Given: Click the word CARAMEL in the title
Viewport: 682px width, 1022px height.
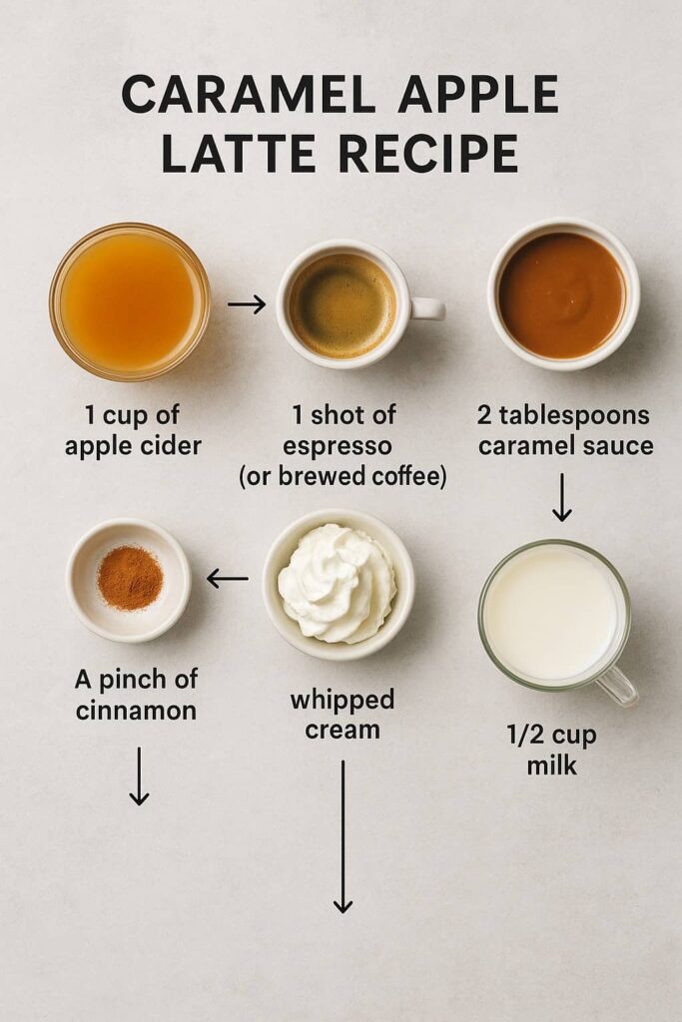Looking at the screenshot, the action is [248, 94].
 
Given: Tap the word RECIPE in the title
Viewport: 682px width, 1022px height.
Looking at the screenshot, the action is [428, 154].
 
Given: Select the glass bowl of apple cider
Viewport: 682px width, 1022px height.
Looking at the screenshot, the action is [130, 301].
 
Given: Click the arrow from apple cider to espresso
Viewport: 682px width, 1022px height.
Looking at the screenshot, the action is [247, 303].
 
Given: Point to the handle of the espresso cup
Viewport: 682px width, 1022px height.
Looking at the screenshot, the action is [428, 308].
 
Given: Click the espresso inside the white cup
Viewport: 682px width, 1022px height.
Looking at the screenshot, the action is [342, 306].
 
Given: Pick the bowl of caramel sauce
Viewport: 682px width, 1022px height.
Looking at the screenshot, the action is [563, 294].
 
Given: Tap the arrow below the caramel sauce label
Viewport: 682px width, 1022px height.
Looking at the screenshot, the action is [561, 497].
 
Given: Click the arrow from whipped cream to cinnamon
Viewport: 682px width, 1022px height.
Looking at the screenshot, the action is [228, 578].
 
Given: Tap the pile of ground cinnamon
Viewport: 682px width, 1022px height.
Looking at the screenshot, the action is [130, 578].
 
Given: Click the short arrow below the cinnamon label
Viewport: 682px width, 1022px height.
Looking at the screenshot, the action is [139, 775].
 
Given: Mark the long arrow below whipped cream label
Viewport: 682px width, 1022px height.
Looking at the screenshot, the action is [342, 836].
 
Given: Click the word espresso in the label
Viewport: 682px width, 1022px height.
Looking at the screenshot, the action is [338, 446].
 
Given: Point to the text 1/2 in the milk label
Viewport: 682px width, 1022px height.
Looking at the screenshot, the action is [523, 735].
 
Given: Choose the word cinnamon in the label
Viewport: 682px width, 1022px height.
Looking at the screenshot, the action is [136, 710].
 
